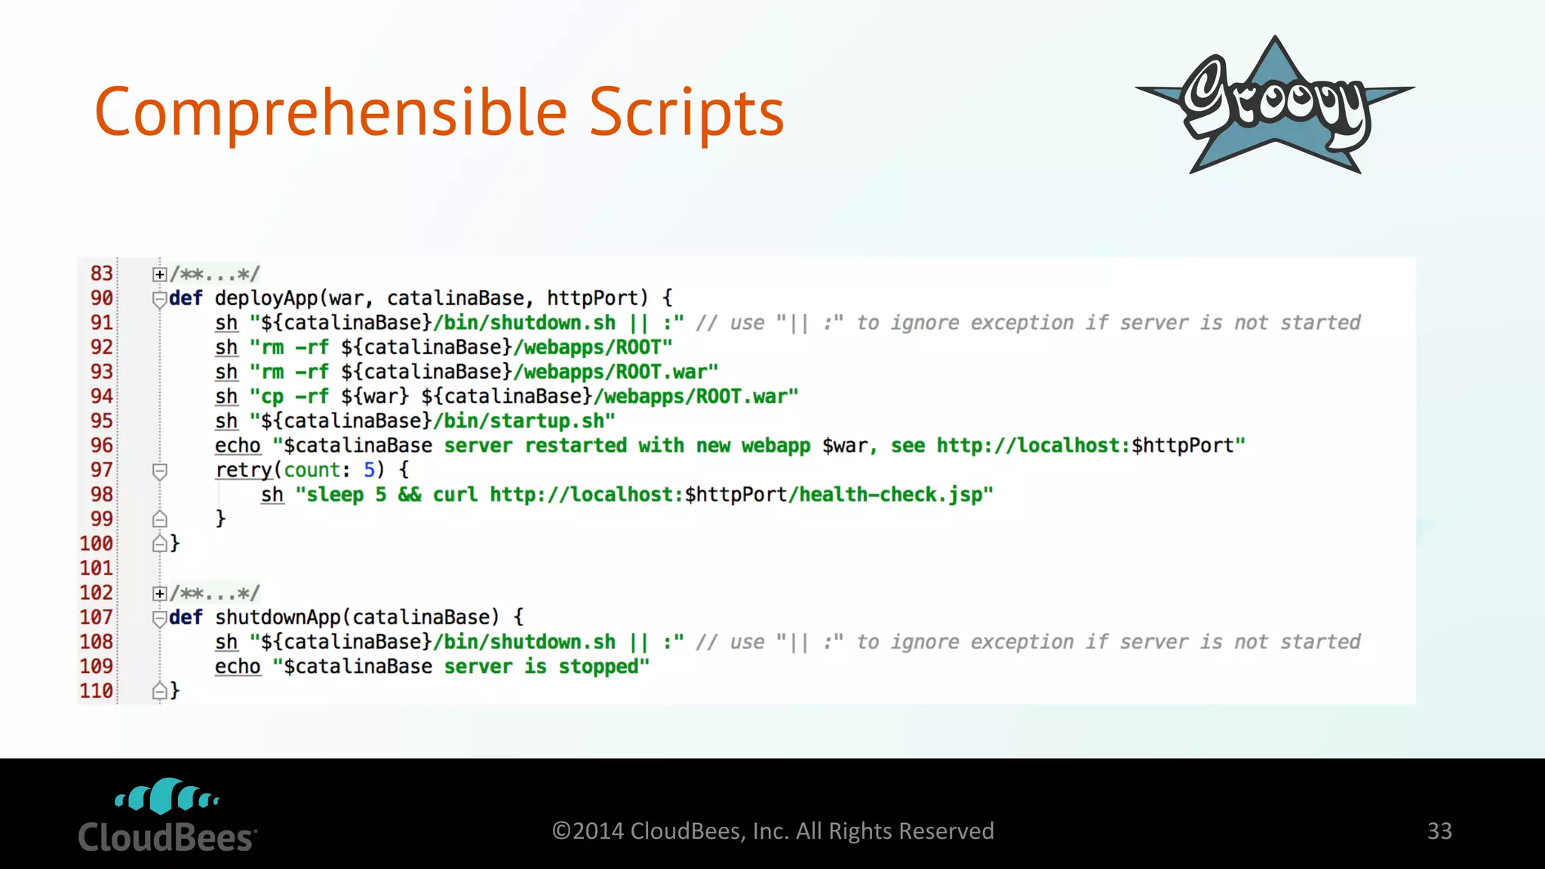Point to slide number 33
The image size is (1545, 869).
1439,831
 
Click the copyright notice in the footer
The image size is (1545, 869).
772,831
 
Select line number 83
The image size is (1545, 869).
101,273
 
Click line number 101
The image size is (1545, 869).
97,568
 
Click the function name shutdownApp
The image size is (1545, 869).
278,617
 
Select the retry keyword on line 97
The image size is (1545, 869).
243,470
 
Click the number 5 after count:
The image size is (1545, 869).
370,470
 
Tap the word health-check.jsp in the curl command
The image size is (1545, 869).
890,495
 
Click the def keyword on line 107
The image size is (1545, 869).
186,617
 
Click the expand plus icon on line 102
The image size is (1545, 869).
159,593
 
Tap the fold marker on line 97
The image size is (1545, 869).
159,471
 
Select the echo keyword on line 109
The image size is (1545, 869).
238,667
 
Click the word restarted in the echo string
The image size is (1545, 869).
575,446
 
